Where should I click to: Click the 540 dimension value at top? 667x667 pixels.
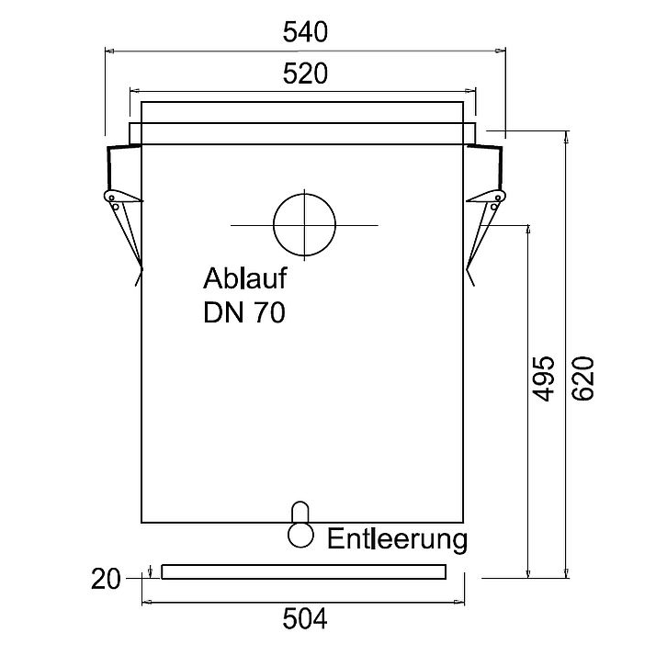point(304,33)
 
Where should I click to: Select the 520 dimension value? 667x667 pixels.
point(304,73)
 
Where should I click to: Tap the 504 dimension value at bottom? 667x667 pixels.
point(304,620)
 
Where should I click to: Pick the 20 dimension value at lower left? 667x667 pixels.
point(107,579)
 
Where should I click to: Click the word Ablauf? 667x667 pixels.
point(244,278)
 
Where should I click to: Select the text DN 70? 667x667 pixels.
point(243,312)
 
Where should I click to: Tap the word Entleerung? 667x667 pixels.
point(397,537)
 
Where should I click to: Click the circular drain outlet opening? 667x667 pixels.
point(305,225)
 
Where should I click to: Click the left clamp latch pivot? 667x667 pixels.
point(111,198)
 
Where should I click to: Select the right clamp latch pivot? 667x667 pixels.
point(497,198)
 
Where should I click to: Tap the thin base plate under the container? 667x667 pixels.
point(303,571)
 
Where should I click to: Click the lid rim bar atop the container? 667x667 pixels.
point(303,134)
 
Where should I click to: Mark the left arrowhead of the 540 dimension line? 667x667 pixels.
point(108,51)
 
